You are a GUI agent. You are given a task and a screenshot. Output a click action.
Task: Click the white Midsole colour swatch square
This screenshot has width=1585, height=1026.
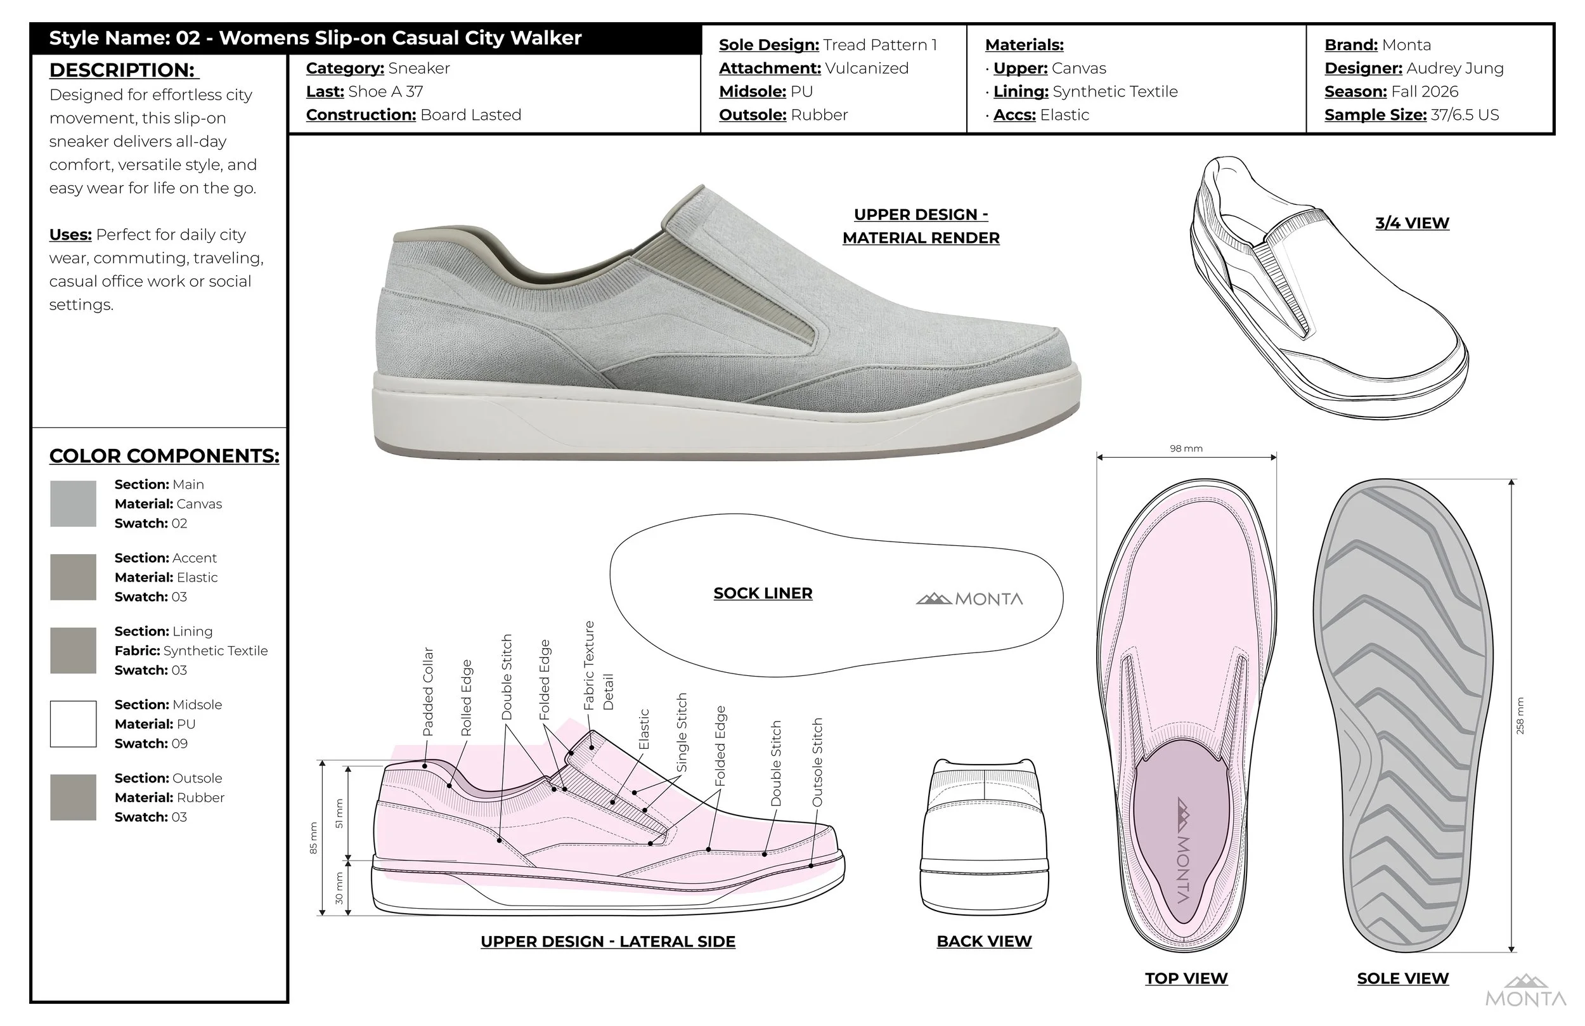74,724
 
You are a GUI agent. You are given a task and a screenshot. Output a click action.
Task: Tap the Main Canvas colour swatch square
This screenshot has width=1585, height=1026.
74,503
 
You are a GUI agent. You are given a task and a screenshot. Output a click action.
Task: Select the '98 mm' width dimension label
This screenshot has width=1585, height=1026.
1186,448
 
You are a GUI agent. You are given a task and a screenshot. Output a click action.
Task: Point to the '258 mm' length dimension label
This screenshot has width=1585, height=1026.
1520,715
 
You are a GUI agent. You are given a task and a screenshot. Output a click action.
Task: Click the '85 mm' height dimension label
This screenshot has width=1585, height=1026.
314,838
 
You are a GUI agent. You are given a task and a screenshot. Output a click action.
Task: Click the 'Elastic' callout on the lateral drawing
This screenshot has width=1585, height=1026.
644,729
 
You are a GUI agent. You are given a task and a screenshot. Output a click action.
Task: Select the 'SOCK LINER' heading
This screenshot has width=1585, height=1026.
763,593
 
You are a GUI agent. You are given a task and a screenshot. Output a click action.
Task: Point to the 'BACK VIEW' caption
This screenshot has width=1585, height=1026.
983,942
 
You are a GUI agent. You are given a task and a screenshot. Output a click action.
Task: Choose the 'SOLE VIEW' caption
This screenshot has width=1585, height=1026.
1402,978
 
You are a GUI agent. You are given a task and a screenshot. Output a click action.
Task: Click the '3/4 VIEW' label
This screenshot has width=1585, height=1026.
1412,223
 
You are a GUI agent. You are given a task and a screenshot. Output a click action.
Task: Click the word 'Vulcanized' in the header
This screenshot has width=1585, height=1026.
867,68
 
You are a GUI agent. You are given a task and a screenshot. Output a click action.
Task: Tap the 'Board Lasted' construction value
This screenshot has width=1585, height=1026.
470,115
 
